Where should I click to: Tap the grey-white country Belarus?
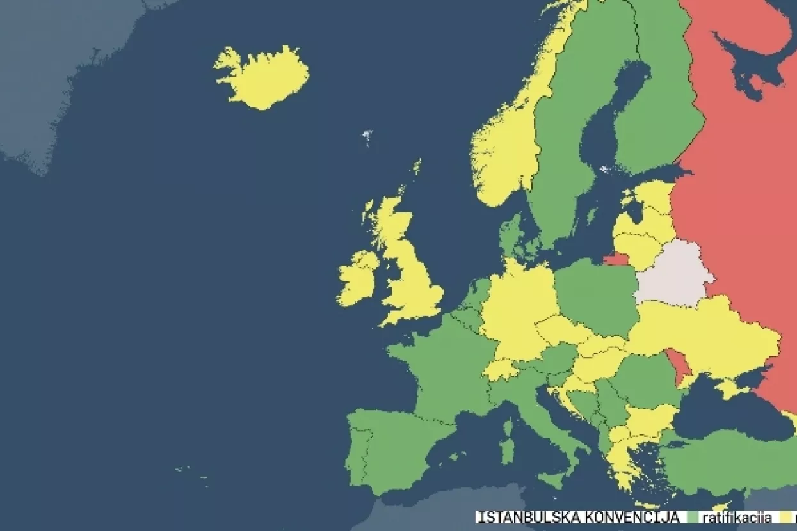pos(672,272)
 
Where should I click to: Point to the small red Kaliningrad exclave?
pos(616,259)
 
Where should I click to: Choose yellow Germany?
pos(519,307)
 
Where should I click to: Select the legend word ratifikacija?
pos(736,518)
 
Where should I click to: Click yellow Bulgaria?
pos(650,419)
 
